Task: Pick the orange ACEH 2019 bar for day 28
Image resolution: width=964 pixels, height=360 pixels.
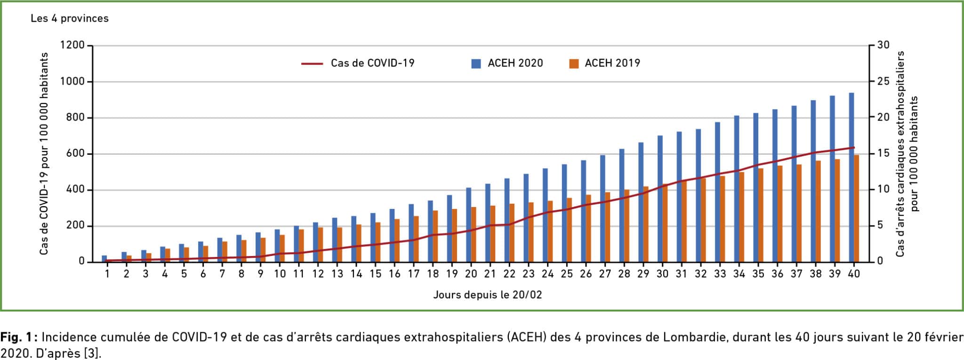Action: pos(627,226)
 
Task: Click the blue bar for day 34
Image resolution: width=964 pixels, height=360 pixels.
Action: pos(737,189)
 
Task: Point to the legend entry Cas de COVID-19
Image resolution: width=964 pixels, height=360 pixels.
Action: pos(372,63)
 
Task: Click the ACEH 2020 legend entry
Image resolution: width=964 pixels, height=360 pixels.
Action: pos(515,63)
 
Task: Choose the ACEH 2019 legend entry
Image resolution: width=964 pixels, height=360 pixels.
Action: pos(612,63)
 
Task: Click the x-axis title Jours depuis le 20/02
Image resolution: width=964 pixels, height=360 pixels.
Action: pos(487,295)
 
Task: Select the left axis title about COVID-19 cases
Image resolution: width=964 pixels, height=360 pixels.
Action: pos(44,154)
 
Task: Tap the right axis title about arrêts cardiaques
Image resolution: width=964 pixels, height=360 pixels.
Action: pos(907,154)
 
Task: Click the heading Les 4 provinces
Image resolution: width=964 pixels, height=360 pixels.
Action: pos(70,18)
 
